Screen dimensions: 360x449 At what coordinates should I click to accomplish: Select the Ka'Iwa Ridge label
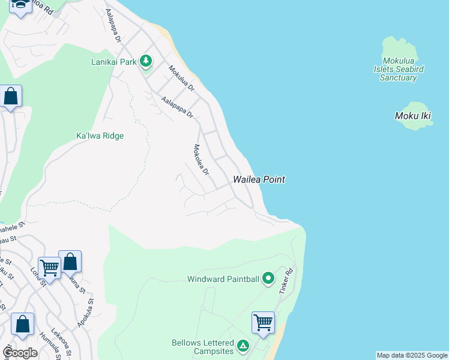pos(100,136)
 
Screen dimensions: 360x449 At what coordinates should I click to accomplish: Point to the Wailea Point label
pos(259,179)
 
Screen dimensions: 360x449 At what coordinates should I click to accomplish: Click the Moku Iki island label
pos(413,116)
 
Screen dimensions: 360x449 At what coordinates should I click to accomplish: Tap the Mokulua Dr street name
pos(182,78)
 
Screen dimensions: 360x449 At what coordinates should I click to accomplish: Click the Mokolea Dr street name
pos(200,160)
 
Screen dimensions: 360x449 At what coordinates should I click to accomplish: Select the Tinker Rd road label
pos(285,280)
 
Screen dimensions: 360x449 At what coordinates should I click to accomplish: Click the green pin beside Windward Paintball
pos(268,278)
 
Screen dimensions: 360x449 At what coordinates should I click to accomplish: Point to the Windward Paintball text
pos(223,279)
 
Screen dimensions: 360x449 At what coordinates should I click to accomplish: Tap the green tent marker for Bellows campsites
pos(243,346)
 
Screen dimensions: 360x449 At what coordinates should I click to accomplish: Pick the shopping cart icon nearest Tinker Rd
pos(263,322)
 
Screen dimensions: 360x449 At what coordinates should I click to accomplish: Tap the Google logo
pos(20,352)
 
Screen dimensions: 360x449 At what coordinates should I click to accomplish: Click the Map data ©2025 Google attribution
pos(412,355)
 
